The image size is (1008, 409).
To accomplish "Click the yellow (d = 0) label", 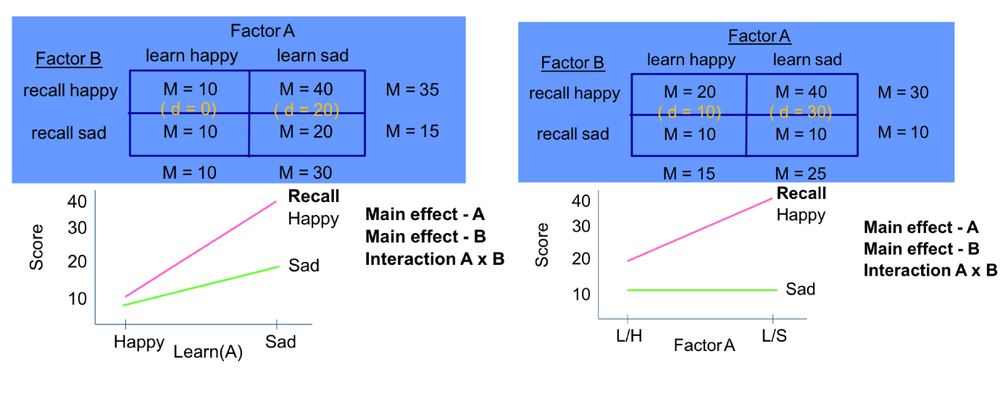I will [188, 109].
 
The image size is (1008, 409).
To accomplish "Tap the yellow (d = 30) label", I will [800, 112].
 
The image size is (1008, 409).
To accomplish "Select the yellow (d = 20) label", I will [307, 109].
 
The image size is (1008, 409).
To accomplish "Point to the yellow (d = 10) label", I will [689, 112].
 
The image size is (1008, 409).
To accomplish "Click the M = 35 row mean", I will [412, 90].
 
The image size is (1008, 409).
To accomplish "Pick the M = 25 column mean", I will [800, 174].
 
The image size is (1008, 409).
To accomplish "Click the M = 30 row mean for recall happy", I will [902, 93].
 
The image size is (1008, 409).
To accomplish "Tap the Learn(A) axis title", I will [207, 353].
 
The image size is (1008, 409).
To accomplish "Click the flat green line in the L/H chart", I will [699, 290].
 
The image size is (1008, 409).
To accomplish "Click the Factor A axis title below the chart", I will [704, 346].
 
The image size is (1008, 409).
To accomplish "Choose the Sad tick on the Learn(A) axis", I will [280, 342].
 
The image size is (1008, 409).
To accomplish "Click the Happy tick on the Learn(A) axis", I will [139, 342].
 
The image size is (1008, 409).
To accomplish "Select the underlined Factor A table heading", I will [759, 36].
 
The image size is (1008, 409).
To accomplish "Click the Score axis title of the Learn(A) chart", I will [36, 248].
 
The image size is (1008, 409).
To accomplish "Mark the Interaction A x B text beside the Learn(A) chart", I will [435, 259].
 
